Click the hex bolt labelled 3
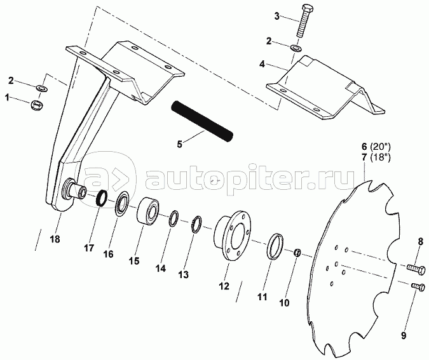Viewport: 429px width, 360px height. [303, 21]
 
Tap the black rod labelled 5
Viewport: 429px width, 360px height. [202, 121]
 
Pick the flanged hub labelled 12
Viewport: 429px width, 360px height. [232, 235]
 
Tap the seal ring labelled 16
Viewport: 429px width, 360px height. [122, 204]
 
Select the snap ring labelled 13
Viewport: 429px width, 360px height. [196, 224]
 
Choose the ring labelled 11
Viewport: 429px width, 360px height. [275, 246]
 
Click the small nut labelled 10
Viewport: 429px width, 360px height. [297, 253]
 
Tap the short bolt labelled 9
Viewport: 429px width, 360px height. [418, 287]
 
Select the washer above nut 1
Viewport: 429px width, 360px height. [42, 88]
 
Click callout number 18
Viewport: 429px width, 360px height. [55, 239]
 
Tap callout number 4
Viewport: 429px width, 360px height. [262, 65]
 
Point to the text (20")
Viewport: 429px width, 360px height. [380, 147]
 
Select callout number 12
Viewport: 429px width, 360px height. [224, 286]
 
